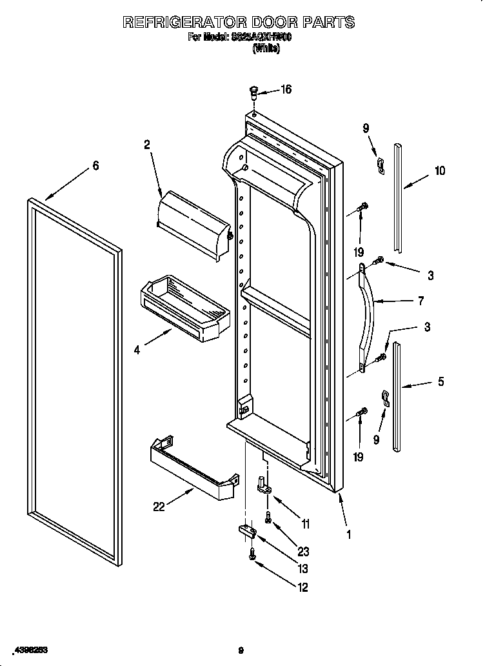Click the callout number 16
[286, 90]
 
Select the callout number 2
[147, 145]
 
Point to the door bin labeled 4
[185, 306]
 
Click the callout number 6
[95, 166]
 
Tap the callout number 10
[439, 171]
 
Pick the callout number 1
[348, 534]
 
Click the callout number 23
[303, 552]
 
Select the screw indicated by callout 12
[252, 554]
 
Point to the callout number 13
[302, 569]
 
